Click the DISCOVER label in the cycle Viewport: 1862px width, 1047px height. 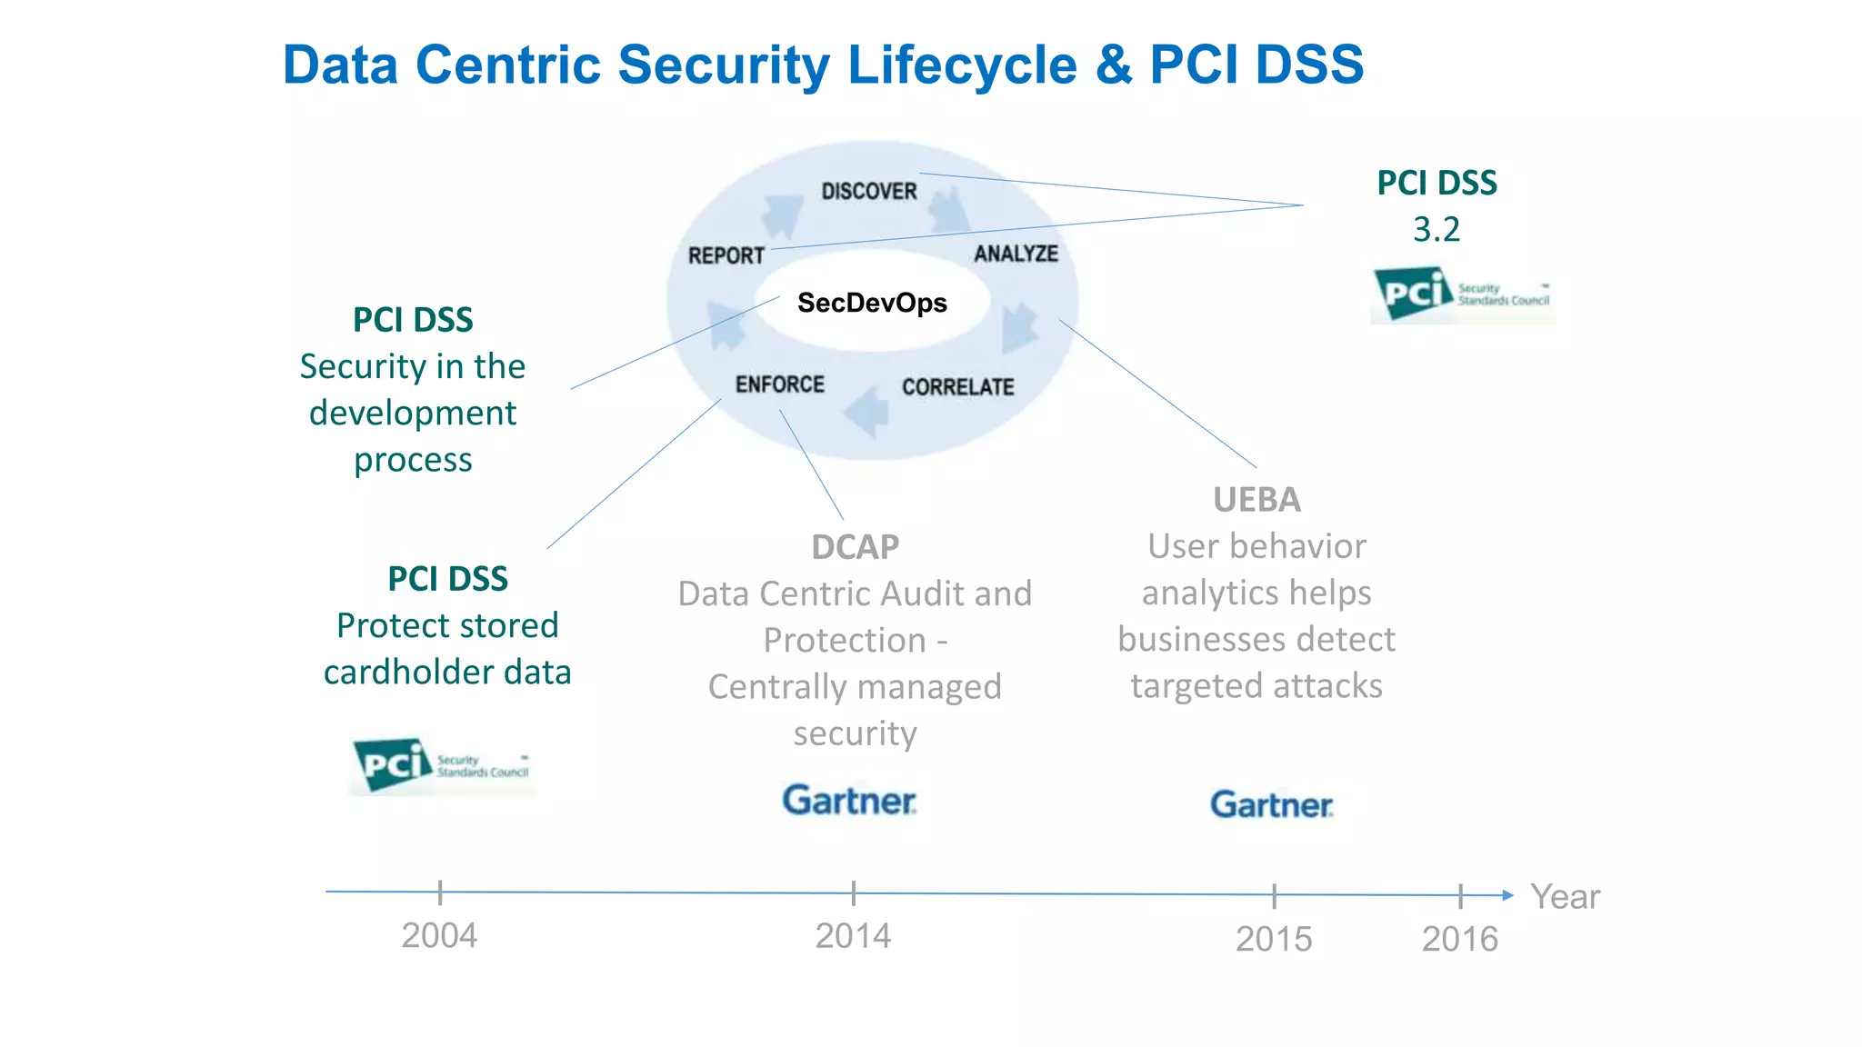click(x=869, y=191)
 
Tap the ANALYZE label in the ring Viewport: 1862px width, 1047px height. click(x=1016, y=254)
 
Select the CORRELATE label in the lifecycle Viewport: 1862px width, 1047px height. click(x=957, y=387)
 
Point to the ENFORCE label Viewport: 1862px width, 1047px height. click(x=779, y=384)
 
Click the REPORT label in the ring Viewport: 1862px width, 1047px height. click(x=726, y=255)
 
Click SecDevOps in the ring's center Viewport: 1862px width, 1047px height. click(x=872, y=303)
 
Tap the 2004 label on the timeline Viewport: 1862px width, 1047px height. click(x=439, y=935)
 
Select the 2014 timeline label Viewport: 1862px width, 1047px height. click(x=852, y=935)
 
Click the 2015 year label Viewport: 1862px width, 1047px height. click(x=1273, y=938)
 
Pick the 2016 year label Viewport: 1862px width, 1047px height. click(x=1459, y=938)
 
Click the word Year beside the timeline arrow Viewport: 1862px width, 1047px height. click(x=1564, y=896)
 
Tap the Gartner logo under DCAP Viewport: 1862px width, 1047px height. click(x=849, y=801)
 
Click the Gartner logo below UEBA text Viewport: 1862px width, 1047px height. click(x=1271, y=804)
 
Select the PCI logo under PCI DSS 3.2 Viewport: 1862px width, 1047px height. click(x=1461, y=294)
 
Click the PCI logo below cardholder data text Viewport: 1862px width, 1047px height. click(x=441, y=765)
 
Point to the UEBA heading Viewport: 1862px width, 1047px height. click(x=1256, y=500)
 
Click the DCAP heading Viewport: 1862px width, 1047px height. click(x=855, y=547)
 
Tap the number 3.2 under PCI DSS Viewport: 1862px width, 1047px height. click(x=1436, y=229)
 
